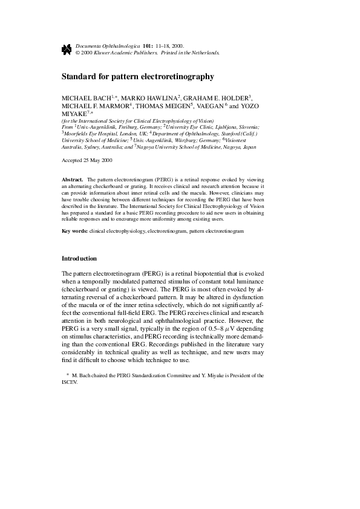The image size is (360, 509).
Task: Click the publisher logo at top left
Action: pos(67,50)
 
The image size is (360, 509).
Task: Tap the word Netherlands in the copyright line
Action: pos(204,53)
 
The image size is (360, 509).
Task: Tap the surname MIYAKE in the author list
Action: pos(74,114)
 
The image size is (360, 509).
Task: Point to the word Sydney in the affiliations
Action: pos(97,147)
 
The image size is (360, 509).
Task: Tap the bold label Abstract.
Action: pos(73,180)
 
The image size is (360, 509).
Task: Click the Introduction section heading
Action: pos(79,259)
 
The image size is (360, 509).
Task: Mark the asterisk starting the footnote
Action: pos(68,375)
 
